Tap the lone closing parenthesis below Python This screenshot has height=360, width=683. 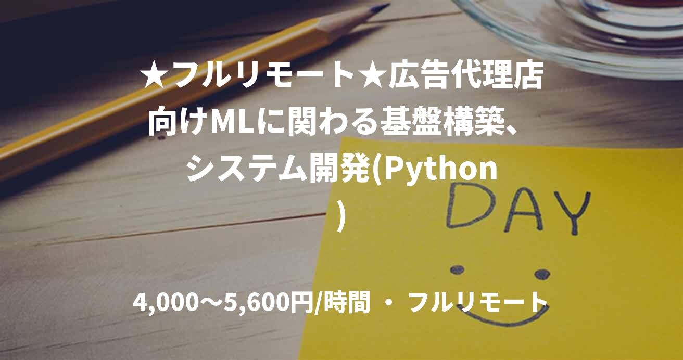(342, 214)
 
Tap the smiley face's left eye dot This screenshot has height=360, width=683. (457, 269)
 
